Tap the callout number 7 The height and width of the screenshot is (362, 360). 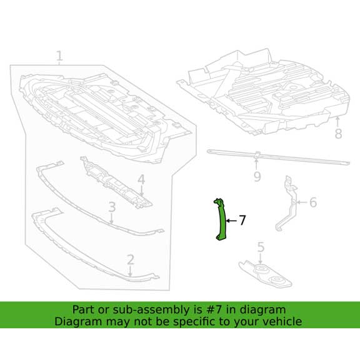point(242,220)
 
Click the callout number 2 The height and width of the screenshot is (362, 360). point(131,260)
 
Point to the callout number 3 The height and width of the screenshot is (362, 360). point(112,207)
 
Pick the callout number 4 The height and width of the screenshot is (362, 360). point(141,180)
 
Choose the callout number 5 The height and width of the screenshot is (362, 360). point(261,247)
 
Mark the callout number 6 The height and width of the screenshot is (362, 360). point(312,202)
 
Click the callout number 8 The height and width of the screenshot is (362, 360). point(338,134)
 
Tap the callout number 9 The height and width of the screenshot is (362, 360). point(257,178)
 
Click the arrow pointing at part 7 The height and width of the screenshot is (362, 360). point(231,221)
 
